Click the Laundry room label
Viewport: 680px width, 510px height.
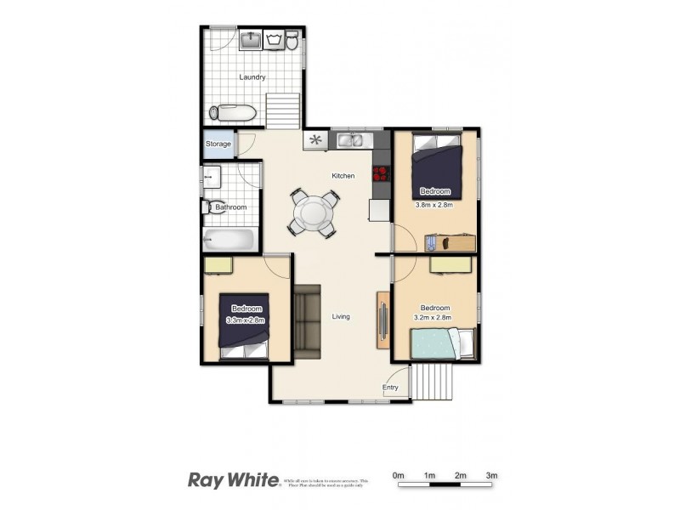[x=252, y=77]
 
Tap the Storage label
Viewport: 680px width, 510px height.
[x=218, y=144]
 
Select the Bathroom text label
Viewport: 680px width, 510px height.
[x=230, y=207]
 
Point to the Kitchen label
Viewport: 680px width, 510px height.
[x=343, y=176]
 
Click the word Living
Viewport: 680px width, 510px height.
[x=341, y=317]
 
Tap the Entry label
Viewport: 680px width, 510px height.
[x=390, y=388]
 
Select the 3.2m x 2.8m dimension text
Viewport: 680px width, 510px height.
[x=434, y=318]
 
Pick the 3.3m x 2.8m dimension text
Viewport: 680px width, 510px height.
[x=246, y=320]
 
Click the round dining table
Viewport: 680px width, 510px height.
[x=314, y=212]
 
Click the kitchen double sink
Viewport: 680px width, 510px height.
[x=350, y=140]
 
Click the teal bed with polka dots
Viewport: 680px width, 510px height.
[x=435, y=343]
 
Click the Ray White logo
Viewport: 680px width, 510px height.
[x=233, y=480]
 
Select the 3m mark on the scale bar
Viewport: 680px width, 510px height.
[x=491, y=474]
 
